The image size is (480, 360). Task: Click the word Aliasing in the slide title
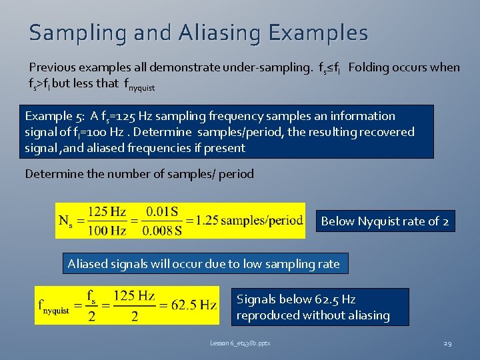tap(219, 33)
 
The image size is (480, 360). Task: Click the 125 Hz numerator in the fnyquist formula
tap(134, 295)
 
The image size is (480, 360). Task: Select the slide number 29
tap(447, 343)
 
